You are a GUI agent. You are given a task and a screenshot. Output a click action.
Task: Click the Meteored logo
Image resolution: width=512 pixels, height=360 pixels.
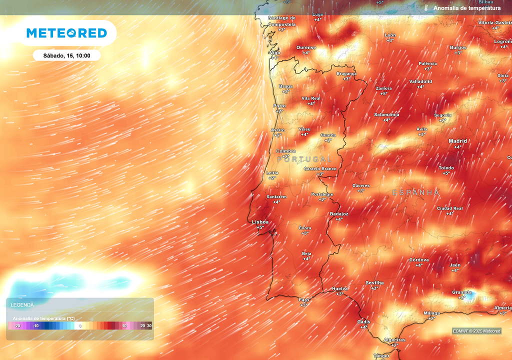(66, 33)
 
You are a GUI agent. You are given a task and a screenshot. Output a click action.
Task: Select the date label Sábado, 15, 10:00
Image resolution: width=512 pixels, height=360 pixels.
(66, 55)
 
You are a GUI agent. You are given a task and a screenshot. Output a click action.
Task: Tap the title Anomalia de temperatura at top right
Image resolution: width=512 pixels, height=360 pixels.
(466, 8)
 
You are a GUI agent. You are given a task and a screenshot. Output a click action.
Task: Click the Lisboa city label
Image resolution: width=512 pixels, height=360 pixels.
(260, 221)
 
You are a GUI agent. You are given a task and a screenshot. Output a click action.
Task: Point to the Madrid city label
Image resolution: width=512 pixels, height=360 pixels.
(457, 141)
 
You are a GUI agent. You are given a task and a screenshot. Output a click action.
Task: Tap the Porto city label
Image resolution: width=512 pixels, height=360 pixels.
(279, 106)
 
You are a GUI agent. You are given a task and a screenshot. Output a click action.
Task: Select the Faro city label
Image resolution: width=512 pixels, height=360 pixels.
(304, 299)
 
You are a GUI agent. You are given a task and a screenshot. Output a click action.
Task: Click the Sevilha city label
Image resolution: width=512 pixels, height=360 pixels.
(374, 282)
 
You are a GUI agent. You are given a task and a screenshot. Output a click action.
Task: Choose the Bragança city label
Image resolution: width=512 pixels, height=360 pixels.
(346, 73)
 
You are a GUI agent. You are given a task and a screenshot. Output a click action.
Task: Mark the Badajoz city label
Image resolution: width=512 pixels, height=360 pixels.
(339, 213)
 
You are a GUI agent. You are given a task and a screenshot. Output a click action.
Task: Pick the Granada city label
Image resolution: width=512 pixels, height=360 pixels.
(461, 292)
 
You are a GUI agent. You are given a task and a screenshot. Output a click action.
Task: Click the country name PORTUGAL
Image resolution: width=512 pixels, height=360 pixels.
(304, 159)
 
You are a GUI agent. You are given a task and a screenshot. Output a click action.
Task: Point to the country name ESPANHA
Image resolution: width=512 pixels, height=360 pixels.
(416, 192)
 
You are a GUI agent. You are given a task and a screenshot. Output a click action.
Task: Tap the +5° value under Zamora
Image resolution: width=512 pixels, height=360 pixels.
(383, 93)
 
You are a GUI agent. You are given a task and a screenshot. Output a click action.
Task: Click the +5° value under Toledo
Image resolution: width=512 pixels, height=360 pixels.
(446, 173)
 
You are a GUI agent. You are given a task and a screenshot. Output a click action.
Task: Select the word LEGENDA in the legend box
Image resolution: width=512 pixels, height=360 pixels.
(22, 304)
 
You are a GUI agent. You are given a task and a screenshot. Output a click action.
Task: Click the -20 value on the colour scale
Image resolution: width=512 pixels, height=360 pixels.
(17, 326)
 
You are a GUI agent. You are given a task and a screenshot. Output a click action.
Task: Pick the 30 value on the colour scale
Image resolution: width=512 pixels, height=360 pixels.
(149, 326)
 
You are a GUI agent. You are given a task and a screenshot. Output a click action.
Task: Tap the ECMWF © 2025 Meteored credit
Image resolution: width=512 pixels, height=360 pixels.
(476, 331)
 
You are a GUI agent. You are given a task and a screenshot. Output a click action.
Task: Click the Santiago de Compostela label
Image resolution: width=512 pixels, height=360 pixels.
(282, 21)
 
